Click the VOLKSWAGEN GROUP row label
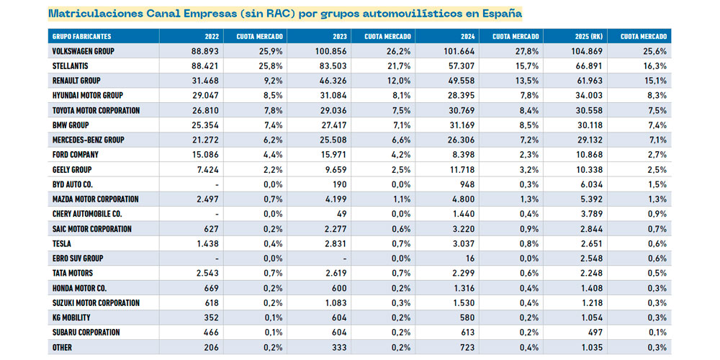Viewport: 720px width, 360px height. [x=84, y=52]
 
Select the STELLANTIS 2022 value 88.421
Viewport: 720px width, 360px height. [x=201, y=66]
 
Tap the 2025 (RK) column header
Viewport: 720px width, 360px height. [x=589, y=36]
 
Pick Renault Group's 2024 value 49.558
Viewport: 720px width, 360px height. [x=458, y=81]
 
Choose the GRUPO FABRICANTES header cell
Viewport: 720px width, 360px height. [x=81, y=36]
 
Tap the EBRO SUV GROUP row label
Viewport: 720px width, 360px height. [x=78, y=258]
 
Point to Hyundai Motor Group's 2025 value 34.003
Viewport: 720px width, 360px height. [x=586, y=96]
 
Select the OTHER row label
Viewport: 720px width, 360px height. [x=63, y=348]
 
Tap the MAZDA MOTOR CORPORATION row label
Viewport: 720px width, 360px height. [x=96, y=199]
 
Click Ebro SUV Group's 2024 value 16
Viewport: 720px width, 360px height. [x=469, y=258]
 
